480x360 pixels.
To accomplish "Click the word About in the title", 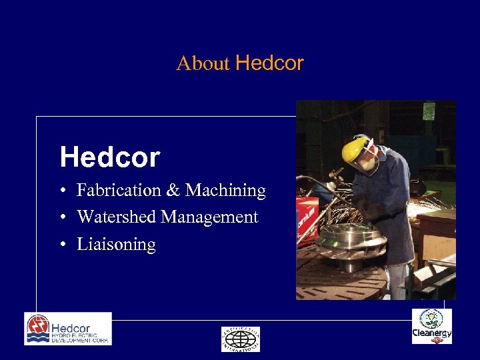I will pos(203,64).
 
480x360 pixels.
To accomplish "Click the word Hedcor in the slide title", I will pos(269,63).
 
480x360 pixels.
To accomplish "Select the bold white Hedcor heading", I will pos(110,157).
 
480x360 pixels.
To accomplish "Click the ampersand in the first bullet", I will pos(173,191).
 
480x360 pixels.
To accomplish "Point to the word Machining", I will pos(225,191).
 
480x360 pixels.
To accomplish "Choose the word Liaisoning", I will pos(117,245).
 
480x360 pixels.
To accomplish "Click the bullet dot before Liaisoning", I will pos(61,245).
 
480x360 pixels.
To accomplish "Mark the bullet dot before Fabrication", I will pos(61,191).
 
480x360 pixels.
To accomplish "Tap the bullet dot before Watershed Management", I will pos(61,218).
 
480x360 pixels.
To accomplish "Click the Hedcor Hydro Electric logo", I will pos(68,329).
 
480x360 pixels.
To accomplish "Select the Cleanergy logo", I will pos(431,327).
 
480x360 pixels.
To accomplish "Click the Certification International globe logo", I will pos(241,339).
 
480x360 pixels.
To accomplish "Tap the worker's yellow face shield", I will pos(356,148).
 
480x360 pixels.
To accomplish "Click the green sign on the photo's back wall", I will pos(429,111).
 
